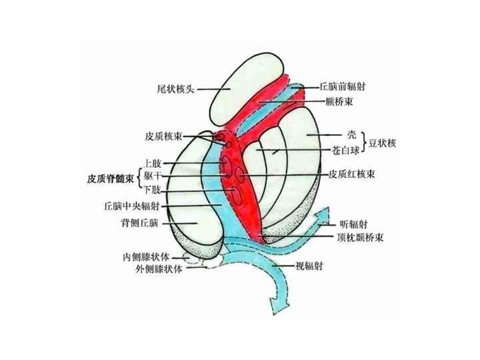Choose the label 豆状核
[x=382, y=143]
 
